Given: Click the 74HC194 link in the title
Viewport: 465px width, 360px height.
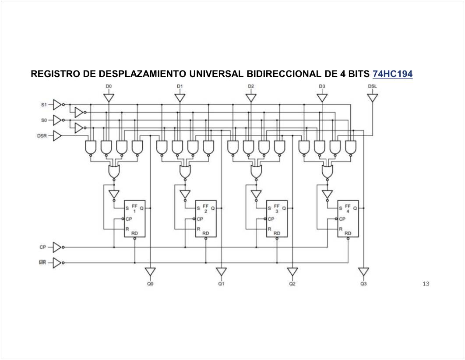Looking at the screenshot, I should click(x=392, y=74).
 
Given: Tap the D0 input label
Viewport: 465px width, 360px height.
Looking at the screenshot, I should click(x=109, y=86).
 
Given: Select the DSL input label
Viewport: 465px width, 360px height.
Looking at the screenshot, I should click(x=372, y=86).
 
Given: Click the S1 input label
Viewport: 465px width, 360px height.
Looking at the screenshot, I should click(x=44, y=105).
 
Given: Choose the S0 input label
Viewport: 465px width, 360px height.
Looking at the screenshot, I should click(x=44, y=120).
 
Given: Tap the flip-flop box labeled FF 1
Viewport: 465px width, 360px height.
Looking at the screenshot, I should click(x=134, y=219).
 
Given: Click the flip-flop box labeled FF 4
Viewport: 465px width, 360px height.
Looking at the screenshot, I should click(x=348, y=219).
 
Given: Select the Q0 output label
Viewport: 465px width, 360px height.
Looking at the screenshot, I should click(x=150, y=284).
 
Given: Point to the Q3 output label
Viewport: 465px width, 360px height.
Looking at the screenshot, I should click(x=363, y=284).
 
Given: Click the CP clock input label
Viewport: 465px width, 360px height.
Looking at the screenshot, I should click(x=42, y=247).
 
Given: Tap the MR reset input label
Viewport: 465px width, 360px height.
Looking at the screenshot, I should click(x=42, y=263).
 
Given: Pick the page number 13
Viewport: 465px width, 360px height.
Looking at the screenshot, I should click(x=426, y=284).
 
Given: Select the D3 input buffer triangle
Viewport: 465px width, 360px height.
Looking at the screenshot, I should click(x=322, y=98).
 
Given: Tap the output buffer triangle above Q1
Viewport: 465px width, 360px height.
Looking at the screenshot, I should click(x=222, y=272).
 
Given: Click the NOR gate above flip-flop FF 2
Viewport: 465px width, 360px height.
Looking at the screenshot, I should click(x=185, y=172).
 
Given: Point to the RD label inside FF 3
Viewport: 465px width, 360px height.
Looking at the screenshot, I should click(x=277, y=233).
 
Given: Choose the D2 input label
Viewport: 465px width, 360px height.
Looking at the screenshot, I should click(x=251, y=86).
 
